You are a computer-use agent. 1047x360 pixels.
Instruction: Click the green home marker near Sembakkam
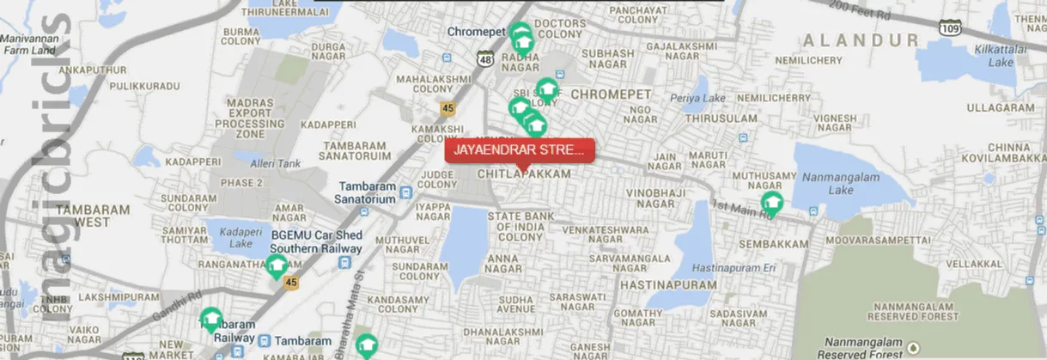[x=772, y=203]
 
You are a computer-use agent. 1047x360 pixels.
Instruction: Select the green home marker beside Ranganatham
[x=276, y=265]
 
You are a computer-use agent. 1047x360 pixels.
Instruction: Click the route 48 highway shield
[x=486, y=58]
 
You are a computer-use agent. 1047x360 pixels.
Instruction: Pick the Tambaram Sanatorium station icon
[x=412, y=198]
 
